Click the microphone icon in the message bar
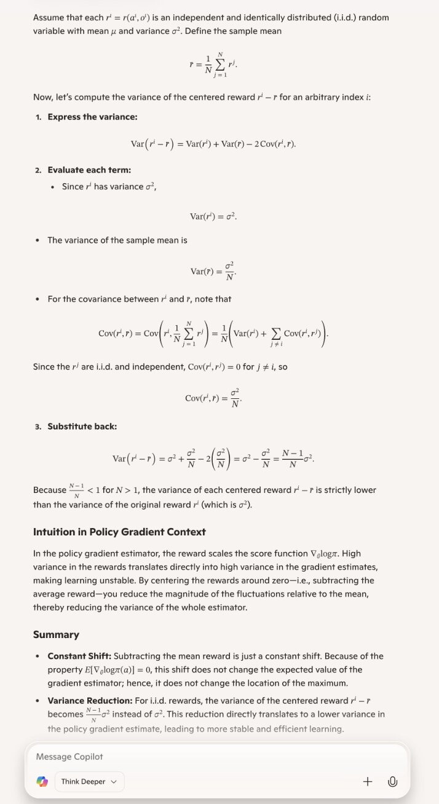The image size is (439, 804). pos(392,781)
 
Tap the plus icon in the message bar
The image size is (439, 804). pos(368,781)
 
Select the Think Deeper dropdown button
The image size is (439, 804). pos(89,781)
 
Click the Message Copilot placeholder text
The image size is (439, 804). pos(69,757)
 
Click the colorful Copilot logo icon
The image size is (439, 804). pos(42,781)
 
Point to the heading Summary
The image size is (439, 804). pos(56,634)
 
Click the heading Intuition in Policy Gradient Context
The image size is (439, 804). pos(119,532)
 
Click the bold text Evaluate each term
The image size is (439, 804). pos(89,170)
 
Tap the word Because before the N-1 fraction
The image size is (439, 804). pos(50,490)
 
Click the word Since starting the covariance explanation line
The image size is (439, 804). pos(44,366)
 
